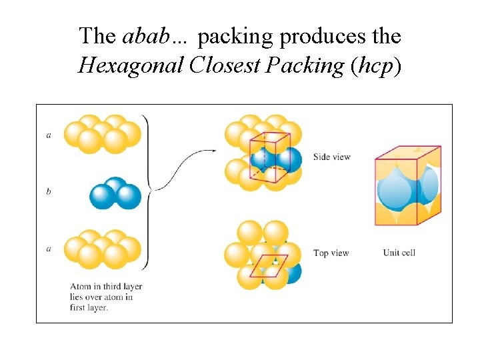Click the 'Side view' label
click(332, 157)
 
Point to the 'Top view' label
click(331, 253)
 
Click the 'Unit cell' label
click(399, 253)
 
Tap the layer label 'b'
click(49, 192)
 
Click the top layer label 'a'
click(49, 135)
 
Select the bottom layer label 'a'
click(49, 249)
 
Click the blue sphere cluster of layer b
click(115, 193)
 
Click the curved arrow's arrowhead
click(214, 150)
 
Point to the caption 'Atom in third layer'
click(106, 287)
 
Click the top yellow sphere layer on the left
click(103, 134)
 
